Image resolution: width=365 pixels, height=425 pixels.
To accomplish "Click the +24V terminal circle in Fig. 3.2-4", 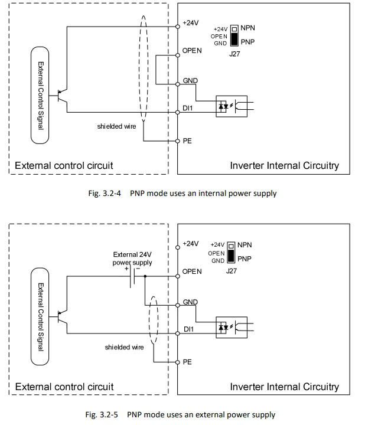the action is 178,27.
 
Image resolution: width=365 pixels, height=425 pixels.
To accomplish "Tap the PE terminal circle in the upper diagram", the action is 178,141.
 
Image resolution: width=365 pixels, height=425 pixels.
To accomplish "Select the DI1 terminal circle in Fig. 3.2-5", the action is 178,334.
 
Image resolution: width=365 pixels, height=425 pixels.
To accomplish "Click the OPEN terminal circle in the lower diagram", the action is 178,276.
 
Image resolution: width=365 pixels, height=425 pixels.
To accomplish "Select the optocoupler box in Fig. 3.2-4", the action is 232,106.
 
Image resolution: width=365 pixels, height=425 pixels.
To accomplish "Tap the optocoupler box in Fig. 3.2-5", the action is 232,327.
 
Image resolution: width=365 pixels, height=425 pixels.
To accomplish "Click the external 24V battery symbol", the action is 132,276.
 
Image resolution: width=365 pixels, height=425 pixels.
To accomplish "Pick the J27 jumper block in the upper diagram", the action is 234,35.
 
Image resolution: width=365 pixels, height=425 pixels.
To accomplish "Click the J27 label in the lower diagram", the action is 232,271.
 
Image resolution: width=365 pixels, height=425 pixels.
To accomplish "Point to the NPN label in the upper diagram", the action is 247,28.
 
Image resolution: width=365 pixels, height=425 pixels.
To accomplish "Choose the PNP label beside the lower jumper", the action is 245,259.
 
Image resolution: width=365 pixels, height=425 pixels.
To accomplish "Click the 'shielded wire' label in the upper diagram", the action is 116,126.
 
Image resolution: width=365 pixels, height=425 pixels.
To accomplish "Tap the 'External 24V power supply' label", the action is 132,259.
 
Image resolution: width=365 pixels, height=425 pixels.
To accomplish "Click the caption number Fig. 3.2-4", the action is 105,193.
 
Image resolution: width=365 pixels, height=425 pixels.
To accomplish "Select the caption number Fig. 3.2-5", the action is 102,414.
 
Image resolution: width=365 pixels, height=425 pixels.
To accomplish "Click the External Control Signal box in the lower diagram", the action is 40,316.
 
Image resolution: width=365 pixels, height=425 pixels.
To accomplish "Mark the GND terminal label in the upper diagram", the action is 190,80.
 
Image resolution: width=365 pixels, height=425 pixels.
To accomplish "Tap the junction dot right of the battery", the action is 145,276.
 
